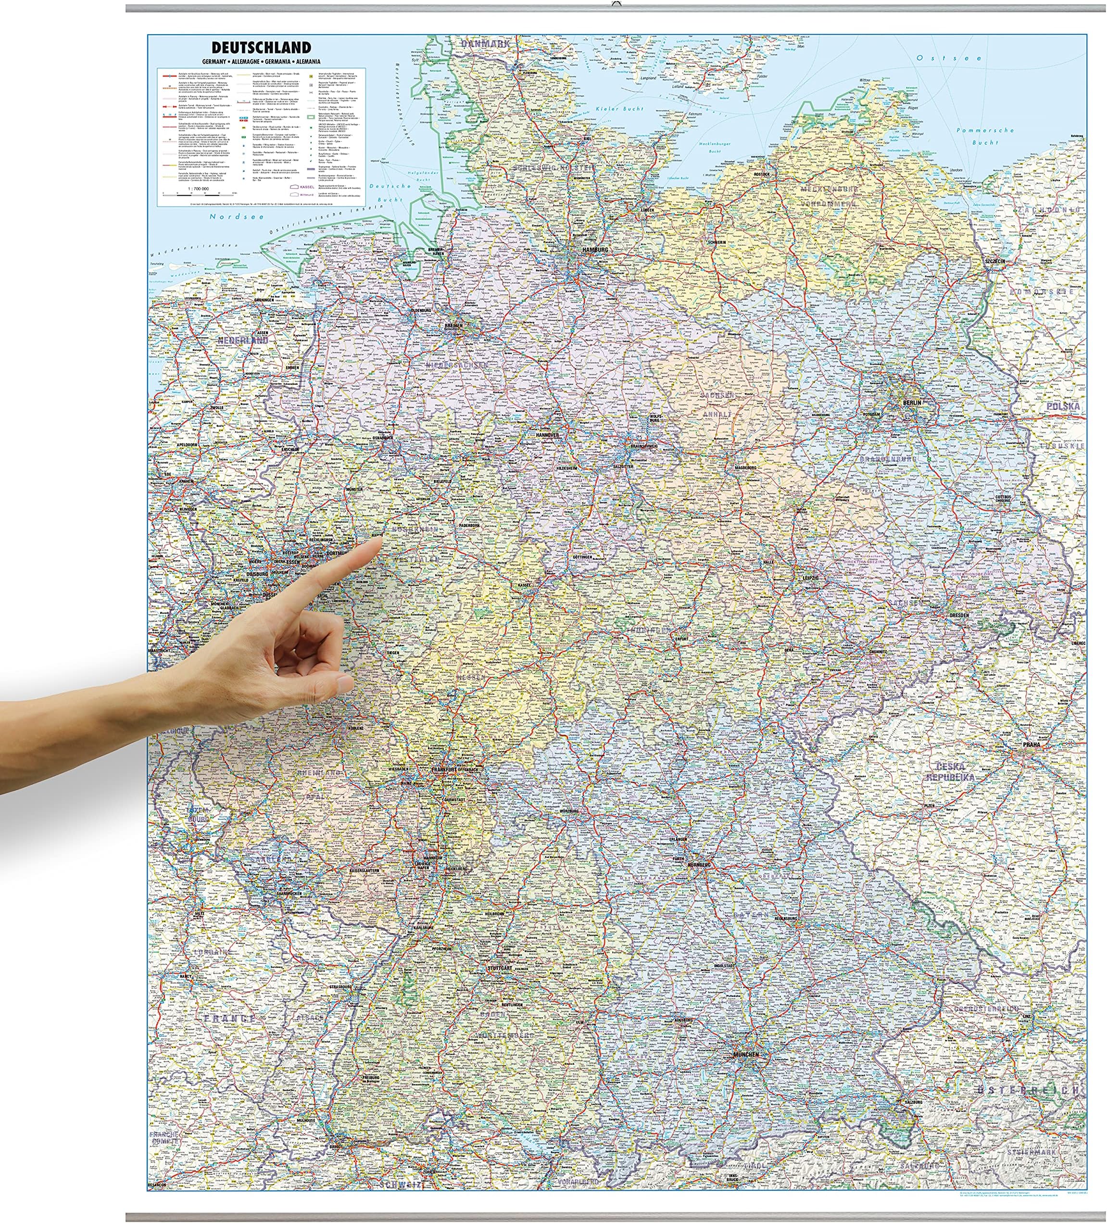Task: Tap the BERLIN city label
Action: pos(911,402)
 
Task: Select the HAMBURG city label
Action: pos(594,249)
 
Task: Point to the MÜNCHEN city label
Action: pos(745,1054)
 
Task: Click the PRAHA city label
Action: pos(1031,744)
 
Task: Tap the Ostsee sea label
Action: pos(949,58)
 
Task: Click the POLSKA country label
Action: pos(1063,406)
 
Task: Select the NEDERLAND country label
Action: pos(243,340)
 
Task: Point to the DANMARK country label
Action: pos(485,44)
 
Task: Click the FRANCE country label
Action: pos(230,1018)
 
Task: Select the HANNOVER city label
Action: pos(547,435)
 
